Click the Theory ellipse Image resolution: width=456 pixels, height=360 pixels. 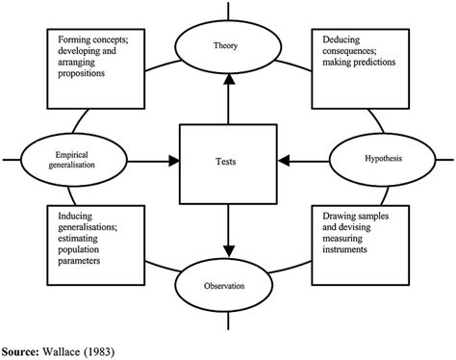tap(228, 44)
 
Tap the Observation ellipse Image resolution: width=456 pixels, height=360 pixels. tap(228, 286)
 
